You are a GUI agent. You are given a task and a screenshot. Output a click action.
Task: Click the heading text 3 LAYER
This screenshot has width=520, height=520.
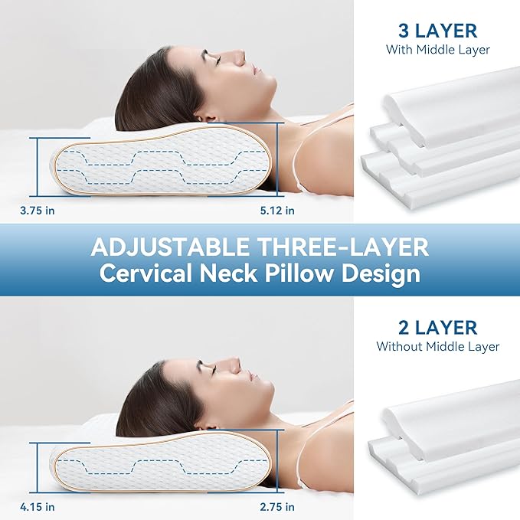[x=437, y=31]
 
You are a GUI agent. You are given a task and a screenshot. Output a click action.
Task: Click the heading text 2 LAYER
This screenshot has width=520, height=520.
[x=437, y=328]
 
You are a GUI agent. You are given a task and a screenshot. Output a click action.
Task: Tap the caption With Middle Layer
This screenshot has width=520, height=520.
[x=437, y=51]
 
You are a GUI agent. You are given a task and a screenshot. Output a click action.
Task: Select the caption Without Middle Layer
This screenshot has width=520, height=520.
[x=437, y=347]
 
